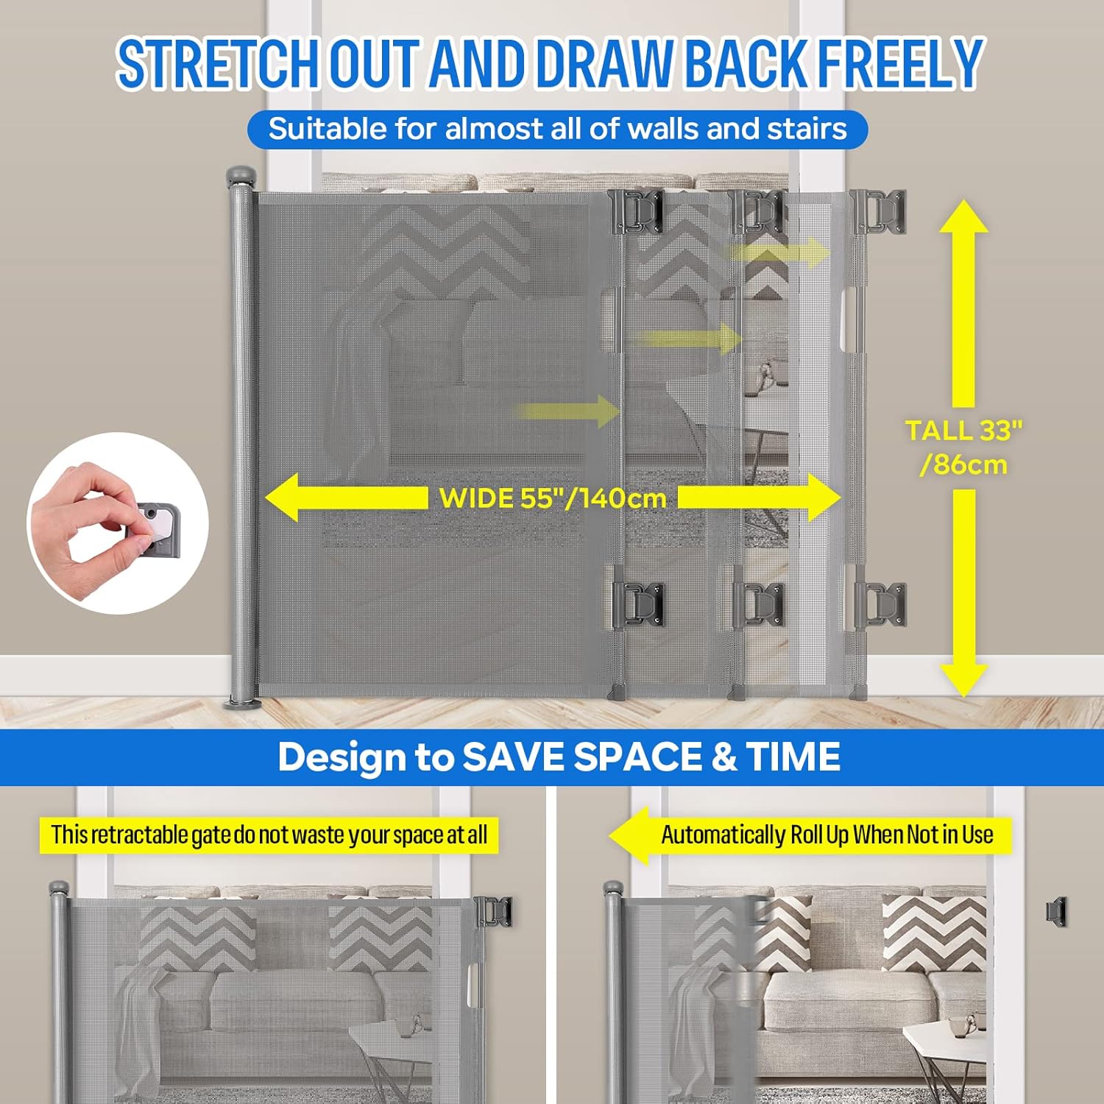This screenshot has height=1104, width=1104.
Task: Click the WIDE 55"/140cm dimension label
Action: pos(553,498)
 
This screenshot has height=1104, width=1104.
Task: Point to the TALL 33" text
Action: pos(963,431)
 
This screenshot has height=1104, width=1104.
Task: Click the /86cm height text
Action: pos(963,465)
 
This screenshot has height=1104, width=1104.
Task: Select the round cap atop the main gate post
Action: pos(241,177)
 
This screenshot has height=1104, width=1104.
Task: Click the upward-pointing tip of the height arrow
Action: pos(963,200)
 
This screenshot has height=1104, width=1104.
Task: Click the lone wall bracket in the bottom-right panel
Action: pos(1057,912)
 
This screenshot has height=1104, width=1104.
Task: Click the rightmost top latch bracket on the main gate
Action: pos(879,211)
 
